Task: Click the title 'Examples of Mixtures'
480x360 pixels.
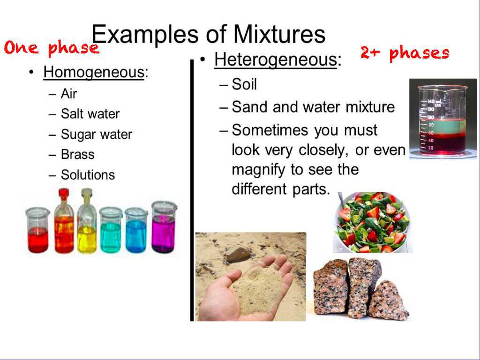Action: point(208,34)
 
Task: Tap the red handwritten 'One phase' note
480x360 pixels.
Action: point(52,48)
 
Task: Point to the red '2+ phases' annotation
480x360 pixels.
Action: point(405,53)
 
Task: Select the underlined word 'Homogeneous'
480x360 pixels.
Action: point(93,73)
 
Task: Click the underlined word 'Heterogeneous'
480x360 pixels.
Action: point(275,60)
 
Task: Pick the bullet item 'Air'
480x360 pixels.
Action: point(68,93)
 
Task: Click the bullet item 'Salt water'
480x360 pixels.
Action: point(90,114)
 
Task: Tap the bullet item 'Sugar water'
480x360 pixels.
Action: point(96,135)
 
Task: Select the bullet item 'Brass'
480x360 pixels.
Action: point(77,155)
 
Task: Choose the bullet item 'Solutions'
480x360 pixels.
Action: point(88,175)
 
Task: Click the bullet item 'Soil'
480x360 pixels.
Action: point(244,84)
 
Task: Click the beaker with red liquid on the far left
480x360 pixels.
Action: point(38,232)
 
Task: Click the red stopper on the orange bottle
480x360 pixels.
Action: point(64,193)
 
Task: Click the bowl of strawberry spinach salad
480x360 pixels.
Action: point(372,222)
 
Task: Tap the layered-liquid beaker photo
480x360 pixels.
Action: point(442,119)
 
